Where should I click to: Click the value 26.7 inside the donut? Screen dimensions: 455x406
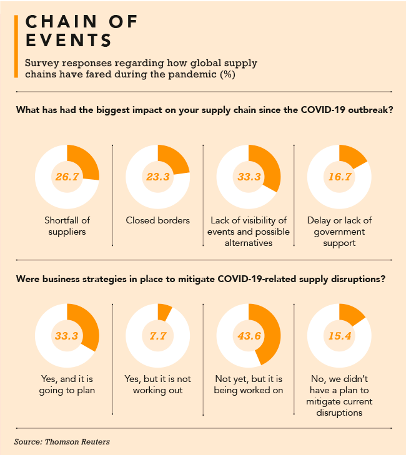[67, 177]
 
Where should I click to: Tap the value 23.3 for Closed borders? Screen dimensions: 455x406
[157, 177]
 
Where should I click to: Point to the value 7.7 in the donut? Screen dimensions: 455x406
[157, 336]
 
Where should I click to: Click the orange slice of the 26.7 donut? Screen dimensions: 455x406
[86, 164]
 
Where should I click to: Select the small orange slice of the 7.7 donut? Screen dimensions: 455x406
[165, 310]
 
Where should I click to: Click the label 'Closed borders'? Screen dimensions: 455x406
[157, 220]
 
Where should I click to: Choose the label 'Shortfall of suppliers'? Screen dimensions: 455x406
[67, 226]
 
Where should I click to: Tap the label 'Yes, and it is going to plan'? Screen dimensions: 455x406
[67, 384]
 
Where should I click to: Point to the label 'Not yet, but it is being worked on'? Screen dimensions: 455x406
[248, 384]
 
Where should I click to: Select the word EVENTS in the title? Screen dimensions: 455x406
[69, 41]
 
